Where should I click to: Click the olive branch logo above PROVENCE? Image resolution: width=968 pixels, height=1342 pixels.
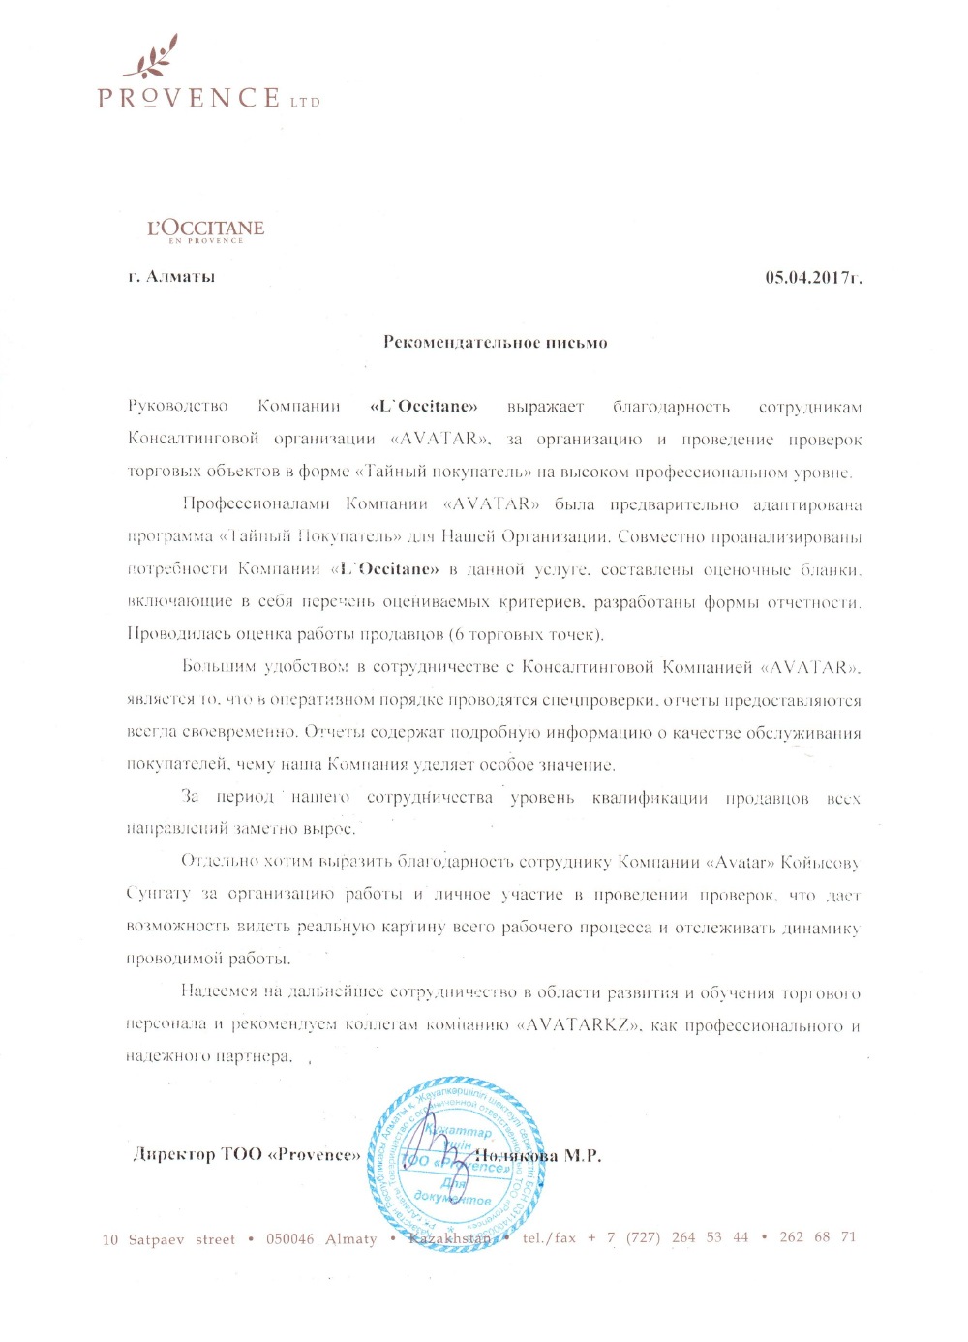[152, 58]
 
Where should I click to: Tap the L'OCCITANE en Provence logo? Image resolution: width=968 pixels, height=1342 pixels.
[205, 230]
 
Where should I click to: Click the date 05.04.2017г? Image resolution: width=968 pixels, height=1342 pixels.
[813, 278]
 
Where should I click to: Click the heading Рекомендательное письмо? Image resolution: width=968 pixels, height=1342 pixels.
[495, 342]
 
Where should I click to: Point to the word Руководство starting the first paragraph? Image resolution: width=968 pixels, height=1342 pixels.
[177, 407]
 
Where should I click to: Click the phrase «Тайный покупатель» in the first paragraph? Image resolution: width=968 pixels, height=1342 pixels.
[428, 473]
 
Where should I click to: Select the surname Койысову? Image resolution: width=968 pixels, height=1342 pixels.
[820, 863]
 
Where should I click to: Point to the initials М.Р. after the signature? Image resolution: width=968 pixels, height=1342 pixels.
[583, 1156]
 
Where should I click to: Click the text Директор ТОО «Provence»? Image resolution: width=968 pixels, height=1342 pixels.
[246, 1155]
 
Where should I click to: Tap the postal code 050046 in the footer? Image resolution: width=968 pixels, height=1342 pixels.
[290, 1238]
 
